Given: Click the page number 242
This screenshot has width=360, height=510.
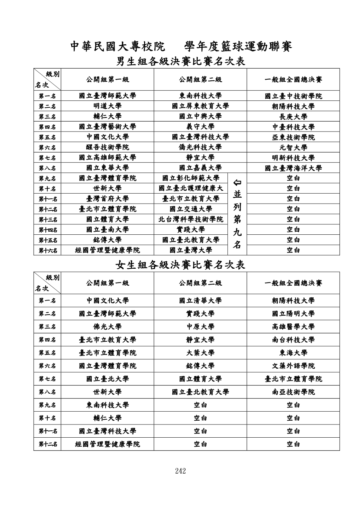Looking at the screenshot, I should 180,471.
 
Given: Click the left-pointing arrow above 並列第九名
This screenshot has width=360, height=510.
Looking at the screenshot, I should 237,182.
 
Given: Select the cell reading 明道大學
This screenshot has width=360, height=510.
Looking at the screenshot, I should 107,106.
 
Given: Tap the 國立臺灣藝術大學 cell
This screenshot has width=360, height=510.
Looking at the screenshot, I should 107,127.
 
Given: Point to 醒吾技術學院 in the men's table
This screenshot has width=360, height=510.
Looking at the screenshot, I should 107,147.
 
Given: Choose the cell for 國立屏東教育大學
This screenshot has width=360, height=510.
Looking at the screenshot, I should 200,106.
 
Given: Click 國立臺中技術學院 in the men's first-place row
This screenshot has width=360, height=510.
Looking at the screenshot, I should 293,96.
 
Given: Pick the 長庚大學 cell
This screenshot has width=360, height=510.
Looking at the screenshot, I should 293,117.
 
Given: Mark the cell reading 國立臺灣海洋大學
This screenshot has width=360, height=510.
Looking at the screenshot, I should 293,168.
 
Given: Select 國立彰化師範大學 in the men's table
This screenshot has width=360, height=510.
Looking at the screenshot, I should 191,178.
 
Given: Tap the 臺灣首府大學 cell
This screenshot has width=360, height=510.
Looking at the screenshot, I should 107,199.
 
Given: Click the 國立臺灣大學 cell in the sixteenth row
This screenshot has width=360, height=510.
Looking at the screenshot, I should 191,250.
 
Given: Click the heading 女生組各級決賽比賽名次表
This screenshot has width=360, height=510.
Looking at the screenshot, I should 180,265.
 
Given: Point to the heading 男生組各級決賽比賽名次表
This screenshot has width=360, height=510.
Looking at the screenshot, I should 180,62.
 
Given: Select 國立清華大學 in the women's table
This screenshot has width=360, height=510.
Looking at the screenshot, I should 200,301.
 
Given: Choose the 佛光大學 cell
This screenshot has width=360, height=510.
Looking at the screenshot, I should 107,326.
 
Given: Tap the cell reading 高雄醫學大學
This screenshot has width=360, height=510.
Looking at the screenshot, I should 293,326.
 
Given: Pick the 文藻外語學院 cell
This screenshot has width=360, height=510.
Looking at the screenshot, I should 293,366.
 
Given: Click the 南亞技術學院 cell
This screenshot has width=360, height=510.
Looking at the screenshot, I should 293,392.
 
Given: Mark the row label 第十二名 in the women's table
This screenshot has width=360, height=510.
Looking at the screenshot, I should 47,444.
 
